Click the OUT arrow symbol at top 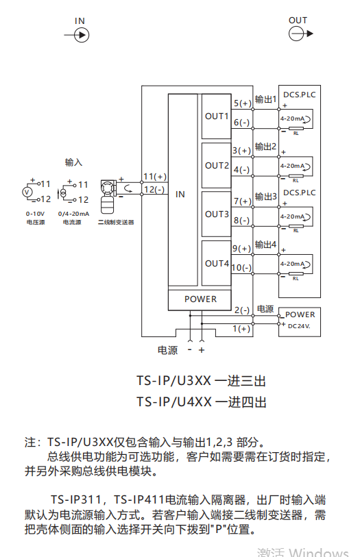[300, 34]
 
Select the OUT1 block [217, 116]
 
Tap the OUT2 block [217, 166]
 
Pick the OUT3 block [217, 214]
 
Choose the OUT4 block [217, 263]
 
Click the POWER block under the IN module [200, 299]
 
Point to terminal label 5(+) [242, 103]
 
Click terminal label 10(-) [241, 267]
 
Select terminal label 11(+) [155, 177]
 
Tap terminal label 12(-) [154, 189]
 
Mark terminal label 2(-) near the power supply [242, 310]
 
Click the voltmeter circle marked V [27, 192]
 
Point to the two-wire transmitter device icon [108, 197]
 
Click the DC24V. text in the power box [299, 326]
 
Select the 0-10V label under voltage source [35, 214]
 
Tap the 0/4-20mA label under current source [73, 214]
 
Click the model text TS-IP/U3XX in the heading [173, 381]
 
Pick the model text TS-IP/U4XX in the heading [174, 401]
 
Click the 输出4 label [265, 245]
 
